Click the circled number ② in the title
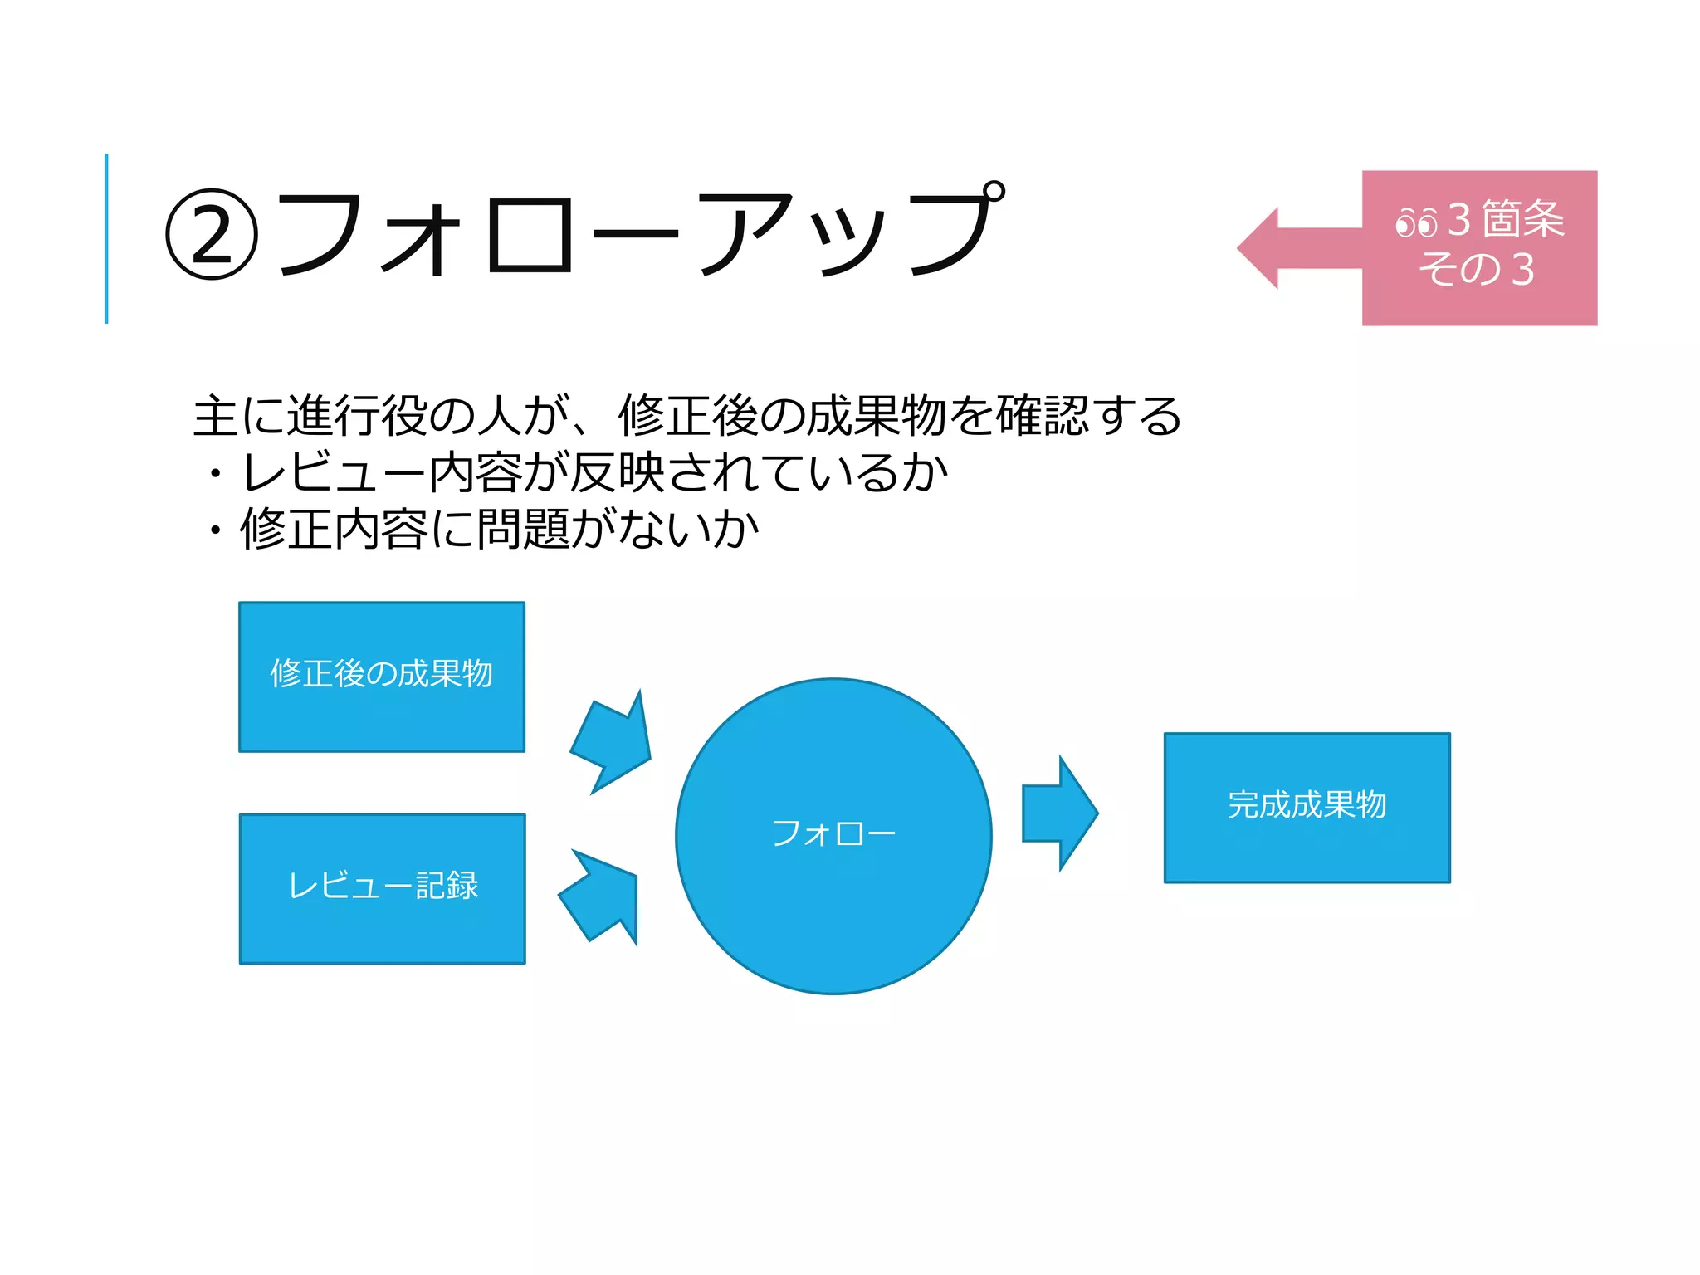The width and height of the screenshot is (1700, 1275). tap(212, 235)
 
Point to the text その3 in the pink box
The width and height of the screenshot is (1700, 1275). tap(1477, 270)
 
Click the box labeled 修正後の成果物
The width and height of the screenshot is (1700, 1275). tap(382, 677)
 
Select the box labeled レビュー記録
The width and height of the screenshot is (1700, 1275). tap(383, 888)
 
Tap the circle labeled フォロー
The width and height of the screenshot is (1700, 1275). tap(833, 836)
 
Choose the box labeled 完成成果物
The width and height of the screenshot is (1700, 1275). tap(1307, 807)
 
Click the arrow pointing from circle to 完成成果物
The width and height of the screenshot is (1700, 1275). tap(1059, 813)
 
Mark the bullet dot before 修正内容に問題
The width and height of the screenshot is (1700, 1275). tap(216, 530)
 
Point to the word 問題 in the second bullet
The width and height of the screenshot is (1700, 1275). tap(523, 529)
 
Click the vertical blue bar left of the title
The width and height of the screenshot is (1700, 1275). tap(106, 238)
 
